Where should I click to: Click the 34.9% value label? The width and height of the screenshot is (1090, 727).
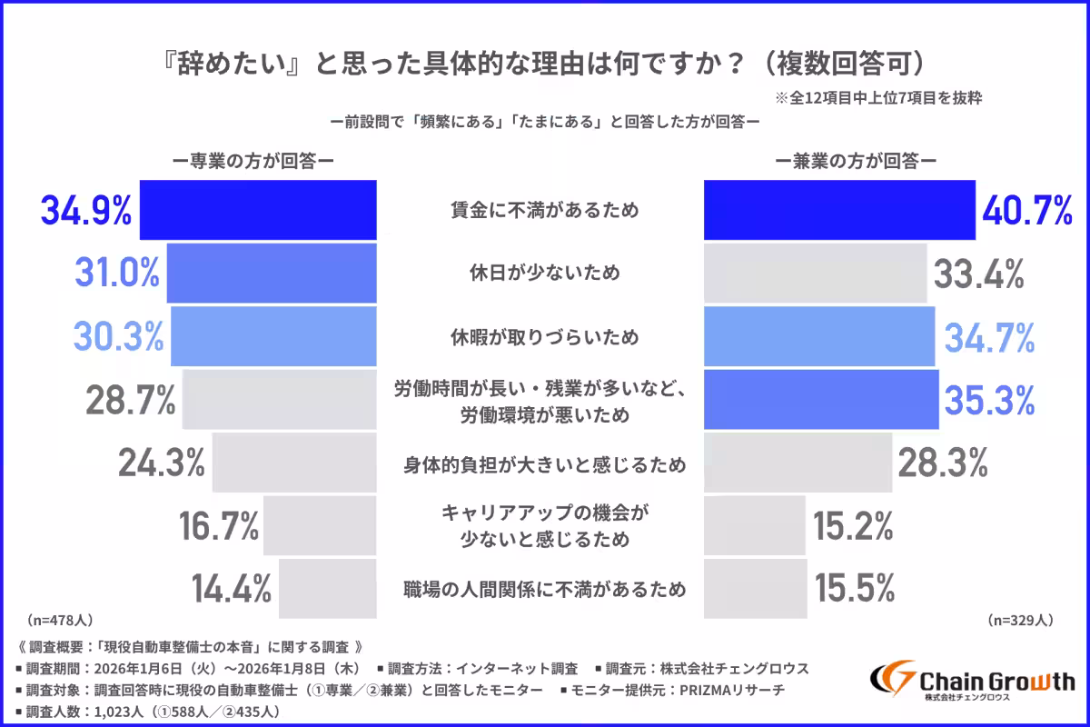click(x=85, y=210)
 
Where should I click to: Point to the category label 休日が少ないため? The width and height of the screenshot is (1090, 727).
click(x=545, y=274)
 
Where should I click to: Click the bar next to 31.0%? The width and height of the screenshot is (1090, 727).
click(x=272, y=274)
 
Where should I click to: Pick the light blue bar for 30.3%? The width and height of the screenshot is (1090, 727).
click(x=273, y=337)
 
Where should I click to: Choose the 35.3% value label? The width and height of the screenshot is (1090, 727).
click(x=991, y=400)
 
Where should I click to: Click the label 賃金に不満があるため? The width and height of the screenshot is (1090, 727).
click(x=545, y=210)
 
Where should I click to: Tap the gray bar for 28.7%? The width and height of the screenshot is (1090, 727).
click(x=279, y=400)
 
